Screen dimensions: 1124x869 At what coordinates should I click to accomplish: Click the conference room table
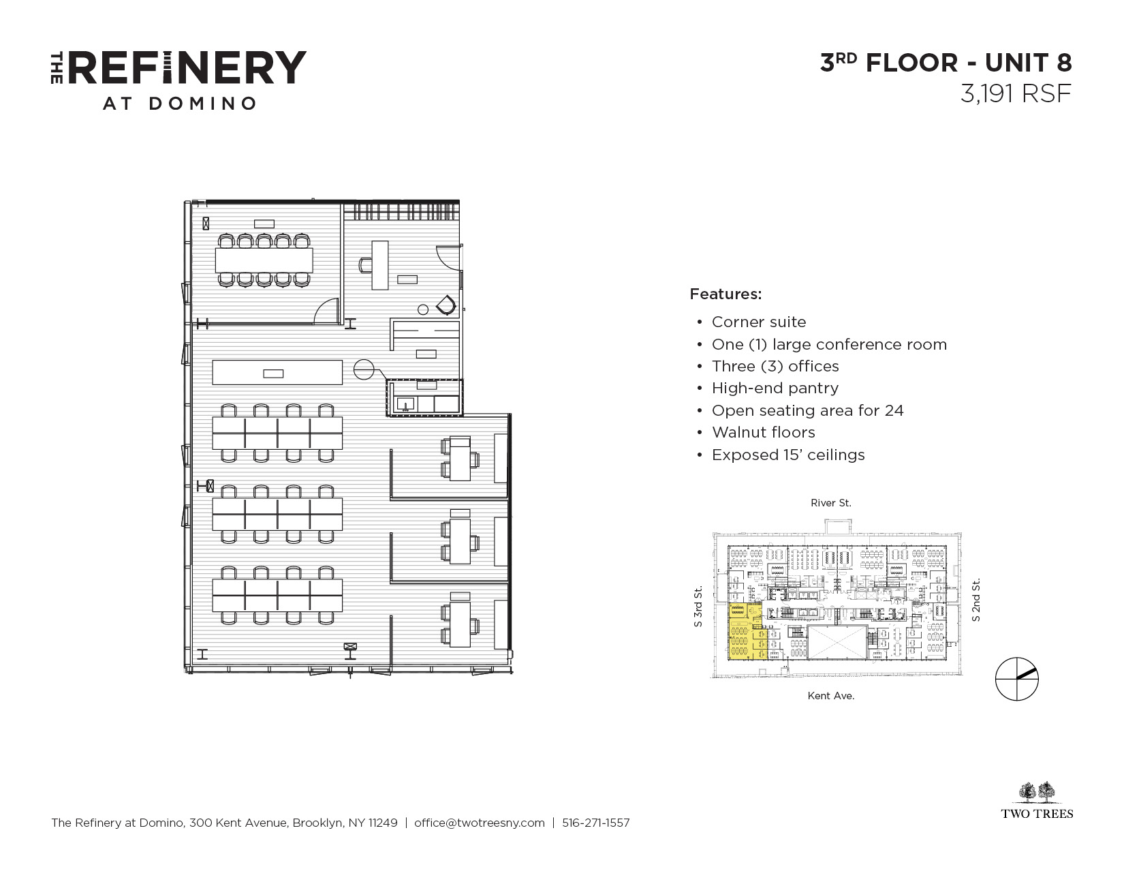(x=264, y=260)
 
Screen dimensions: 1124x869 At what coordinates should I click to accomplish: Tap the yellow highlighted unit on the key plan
(x=745, y=631)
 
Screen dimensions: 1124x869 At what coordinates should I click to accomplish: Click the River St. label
(x=830, y=502)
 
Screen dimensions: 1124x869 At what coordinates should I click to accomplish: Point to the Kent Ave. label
(x=830, y=696)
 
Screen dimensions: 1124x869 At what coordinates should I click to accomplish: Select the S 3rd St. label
(x=698, y=606)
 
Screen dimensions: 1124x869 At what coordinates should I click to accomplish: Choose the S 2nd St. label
(x=975, y=600)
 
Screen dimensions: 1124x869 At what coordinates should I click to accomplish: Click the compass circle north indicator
(x=1016, y=679)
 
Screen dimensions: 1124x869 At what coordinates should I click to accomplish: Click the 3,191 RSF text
(x=1016, y=93)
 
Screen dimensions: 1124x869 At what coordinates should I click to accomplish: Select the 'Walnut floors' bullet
(x=763, y=432)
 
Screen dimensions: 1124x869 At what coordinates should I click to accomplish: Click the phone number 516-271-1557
(x=596, y=823)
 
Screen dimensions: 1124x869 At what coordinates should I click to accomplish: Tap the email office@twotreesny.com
(x=480, y=823)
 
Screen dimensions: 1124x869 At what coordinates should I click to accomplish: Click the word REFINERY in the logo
(x=187, y=67)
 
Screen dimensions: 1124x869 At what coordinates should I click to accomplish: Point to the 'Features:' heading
(x=725, y=294)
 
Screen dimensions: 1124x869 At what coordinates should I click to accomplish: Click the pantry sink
(x=405, y=403)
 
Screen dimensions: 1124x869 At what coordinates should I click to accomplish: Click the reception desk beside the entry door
(x=380, y=265)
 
